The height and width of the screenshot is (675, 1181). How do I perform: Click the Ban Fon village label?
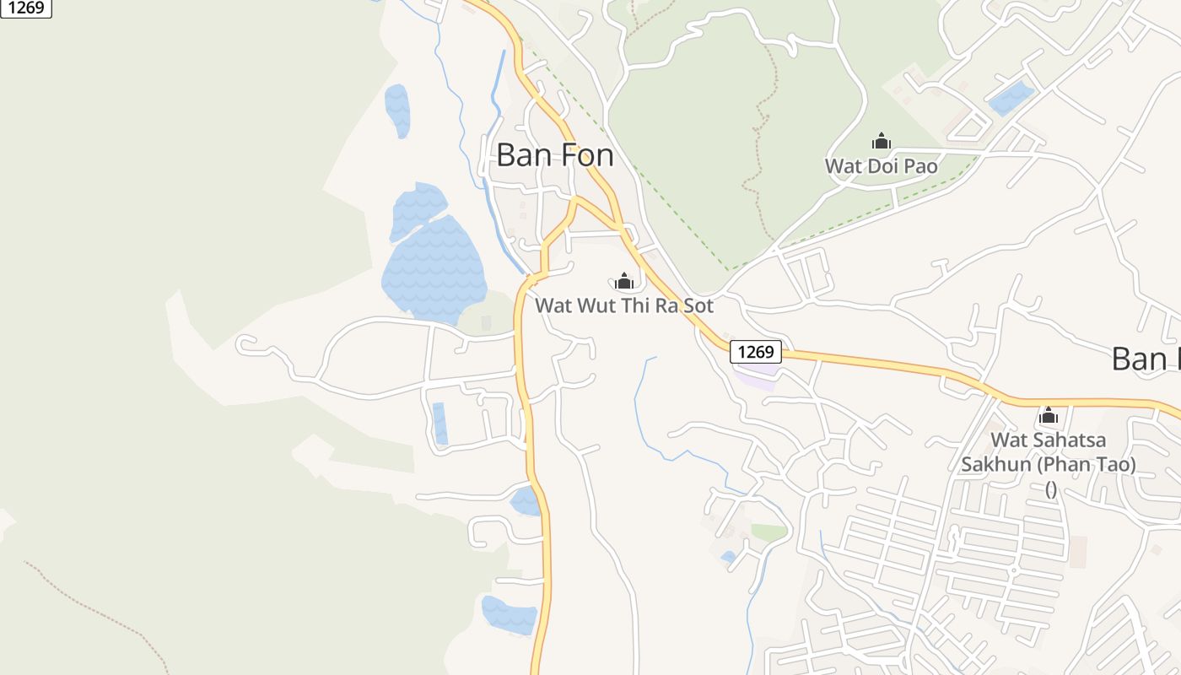[554, 155]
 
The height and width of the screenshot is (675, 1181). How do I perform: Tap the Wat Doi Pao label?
[881, 166]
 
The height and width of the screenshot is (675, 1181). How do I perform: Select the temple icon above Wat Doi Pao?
[882, 142]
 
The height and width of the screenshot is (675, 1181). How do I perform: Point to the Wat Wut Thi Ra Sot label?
[624, 305]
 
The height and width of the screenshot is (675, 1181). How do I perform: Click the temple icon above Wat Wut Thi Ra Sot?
[624, 282]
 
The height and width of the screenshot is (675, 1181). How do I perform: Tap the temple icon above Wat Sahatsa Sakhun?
[1049, 416]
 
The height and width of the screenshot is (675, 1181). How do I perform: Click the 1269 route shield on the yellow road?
[756, 352]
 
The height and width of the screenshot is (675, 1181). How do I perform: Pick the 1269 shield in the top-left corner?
[26, 8]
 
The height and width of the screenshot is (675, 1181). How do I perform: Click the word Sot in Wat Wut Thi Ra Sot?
[698, 305]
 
